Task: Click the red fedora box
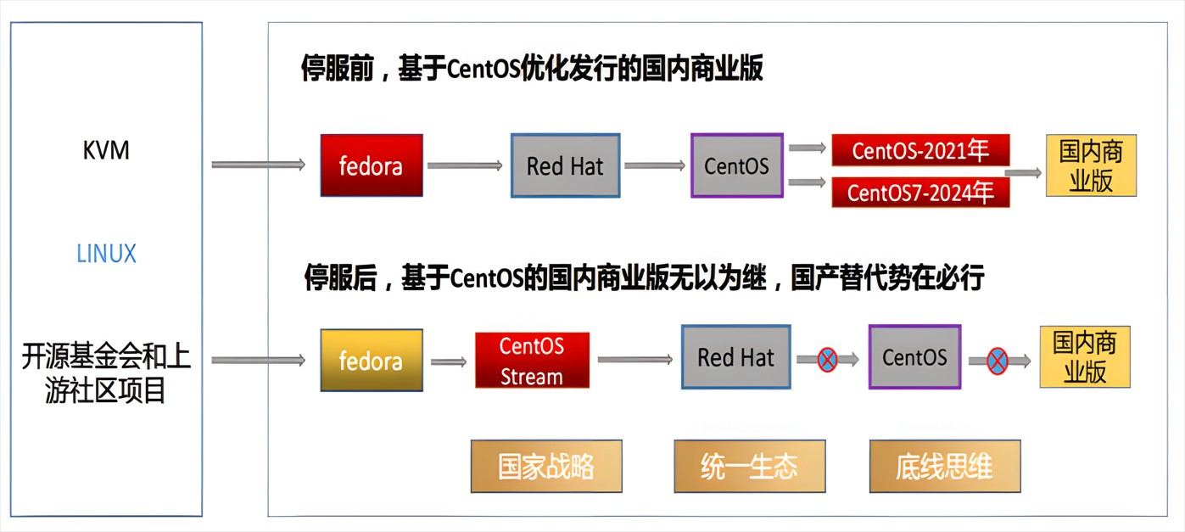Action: [372, 165]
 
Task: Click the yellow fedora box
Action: [372, 360]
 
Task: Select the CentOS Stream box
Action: [532, 360]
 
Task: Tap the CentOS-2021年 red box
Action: [920, 150]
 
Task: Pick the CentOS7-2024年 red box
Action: [920, 192]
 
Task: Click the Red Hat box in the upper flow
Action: [565, 165]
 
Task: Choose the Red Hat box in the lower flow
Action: [736, 356]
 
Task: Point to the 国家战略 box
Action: [546, 466]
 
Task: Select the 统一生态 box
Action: [750, 466]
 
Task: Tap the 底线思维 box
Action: [945, 466]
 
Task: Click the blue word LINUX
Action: [106, 254]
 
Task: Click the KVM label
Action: [106, 150]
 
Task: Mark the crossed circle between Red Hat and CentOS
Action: [827, 360]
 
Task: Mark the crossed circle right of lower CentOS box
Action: [998, 361]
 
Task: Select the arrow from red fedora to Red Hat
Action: [465, 165]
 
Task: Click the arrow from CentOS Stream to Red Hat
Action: [634, 360]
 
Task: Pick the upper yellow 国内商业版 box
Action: [1091, 165]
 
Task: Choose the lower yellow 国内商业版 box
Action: [1085, 356]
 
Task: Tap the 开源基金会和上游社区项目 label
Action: [106, 373]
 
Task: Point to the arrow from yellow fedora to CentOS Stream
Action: [449, 361]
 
